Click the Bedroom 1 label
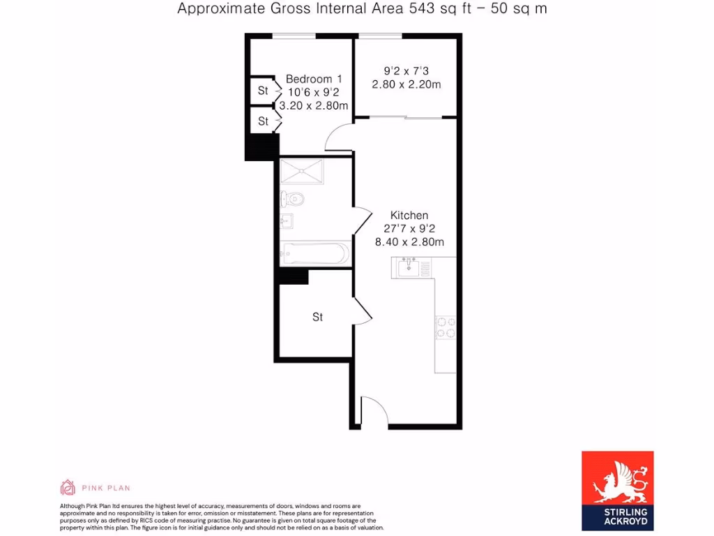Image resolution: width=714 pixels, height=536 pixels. [x=313, y=79]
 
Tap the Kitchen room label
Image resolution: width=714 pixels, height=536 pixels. [x=409, y=215]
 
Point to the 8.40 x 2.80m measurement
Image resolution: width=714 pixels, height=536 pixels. [x=409, y=242]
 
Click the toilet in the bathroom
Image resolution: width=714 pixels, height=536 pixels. [x=292, y=200]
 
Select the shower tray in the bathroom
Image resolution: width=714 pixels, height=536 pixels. [x=302, y=170]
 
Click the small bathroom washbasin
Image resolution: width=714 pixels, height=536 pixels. [x=286, y=223]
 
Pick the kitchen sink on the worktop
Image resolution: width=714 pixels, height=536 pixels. [x=408, y=267]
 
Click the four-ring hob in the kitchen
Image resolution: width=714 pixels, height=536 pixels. [x=446, y=327]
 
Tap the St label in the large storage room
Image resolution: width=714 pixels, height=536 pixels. [x=317, y=317]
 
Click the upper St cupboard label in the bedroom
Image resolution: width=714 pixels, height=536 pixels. [x=263, y=91]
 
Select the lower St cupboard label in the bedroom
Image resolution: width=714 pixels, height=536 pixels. [x=263, y=121]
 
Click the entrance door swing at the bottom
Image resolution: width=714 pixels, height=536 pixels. [x=373, y=411]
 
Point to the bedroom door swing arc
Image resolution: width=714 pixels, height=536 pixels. [x=339, y=137]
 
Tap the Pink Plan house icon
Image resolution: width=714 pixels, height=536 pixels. [x=68, y=487]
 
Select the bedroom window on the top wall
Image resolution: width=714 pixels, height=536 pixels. [x=293, y=36]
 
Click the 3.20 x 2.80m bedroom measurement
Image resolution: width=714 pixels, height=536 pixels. [x=313, y=106]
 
